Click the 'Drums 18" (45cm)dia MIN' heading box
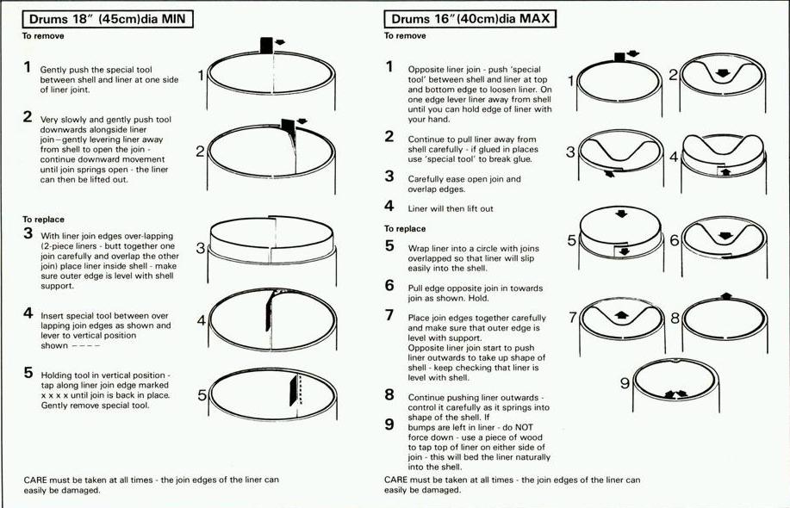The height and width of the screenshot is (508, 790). (108, 19)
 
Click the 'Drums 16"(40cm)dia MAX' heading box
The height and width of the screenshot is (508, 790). (470, 19)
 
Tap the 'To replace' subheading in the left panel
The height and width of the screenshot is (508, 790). (43, 220)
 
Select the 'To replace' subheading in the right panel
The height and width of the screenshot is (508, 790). (405, 228)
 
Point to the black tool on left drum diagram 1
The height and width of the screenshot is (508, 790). (266, 46)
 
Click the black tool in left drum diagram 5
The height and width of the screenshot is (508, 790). (293, 391)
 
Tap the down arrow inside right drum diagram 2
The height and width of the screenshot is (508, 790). (723, 73)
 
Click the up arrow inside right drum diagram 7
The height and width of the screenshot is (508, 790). (622, 316)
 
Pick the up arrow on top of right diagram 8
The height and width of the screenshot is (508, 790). (726, 296)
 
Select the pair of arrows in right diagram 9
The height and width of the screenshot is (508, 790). (675, 394)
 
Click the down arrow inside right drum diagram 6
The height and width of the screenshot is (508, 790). (725, 236)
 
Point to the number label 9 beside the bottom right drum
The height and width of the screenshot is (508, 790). (625, 384)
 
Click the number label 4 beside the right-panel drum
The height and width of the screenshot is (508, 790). (674, 157)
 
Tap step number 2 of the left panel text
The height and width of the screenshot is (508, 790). (28, 117)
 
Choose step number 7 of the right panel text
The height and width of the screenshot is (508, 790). (389, 315)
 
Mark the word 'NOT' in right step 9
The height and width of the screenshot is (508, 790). (524, 427)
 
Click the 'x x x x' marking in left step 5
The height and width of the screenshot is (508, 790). (54, 396)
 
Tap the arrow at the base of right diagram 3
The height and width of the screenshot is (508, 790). (609, 174)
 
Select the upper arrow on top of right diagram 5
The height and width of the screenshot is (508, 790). (622, 214)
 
